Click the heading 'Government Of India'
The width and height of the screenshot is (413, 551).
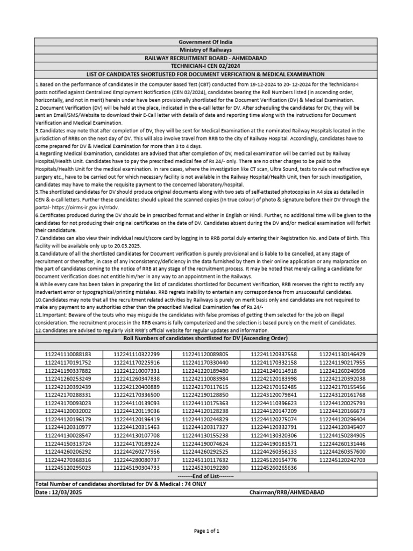[206, 42]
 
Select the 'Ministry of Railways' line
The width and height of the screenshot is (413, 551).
[206, 50]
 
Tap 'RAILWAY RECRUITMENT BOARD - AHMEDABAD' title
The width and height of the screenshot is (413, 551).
[206, 58]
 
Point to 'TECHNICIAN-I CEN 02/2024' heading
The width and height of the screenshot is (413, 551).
[206, 66]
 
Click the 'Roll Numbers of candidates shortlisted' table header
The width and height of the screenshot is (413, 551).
[206, 338]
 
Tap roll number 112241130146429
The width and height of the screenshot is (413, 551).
[342, 355]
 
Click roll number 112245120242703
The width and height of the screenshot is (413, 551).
[342, 460]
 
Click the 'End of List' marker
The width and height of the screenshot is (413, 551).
[206, 476]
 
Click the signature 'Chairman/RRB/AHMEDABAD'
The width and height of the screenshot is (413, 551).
[287, 492]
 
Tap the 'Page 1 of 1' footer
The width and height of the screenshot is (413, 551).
[206, 531]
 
